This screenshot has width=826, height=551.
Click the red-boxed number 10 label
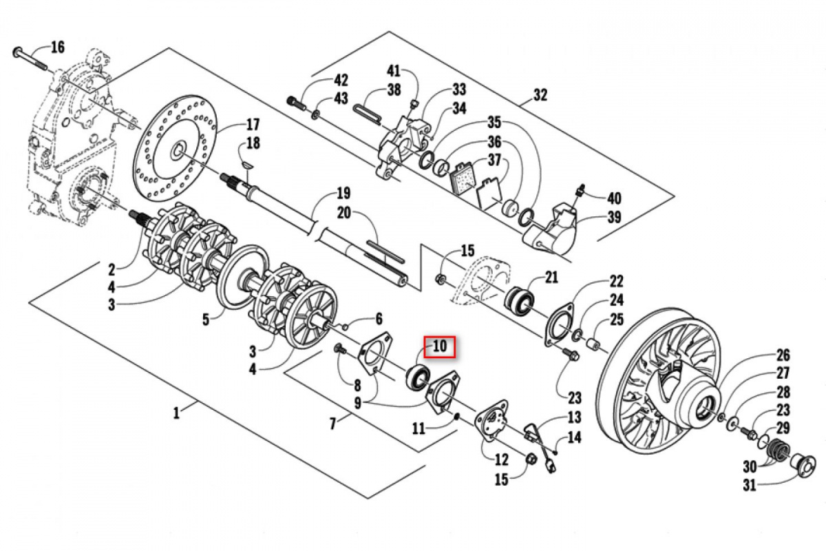click(440, 346)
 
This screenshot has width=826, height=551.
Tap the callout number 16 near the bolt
click(58, 48)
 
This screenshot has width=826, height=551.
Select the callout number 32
click(540, 95)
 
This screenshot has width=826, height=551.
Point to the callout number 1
click(176, 413)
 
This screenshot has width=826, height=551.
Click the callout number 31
click(750, 485)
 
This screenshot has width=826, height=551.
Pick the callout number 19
click(343, 194)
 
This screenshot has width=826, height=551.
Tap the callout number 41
click(394, 70)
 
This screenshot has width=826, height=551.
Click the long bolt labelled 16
click(30, 59)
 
